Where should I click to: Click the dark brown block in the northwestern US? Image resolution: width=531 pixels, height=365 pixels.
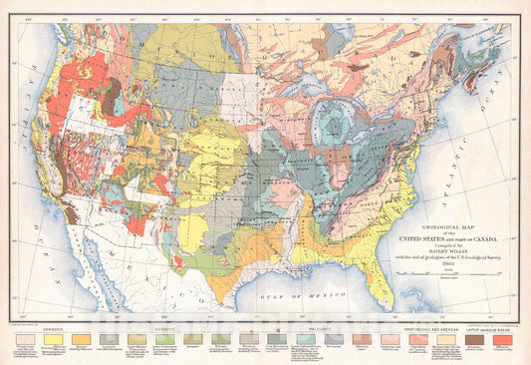click(x=112, y=92)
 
